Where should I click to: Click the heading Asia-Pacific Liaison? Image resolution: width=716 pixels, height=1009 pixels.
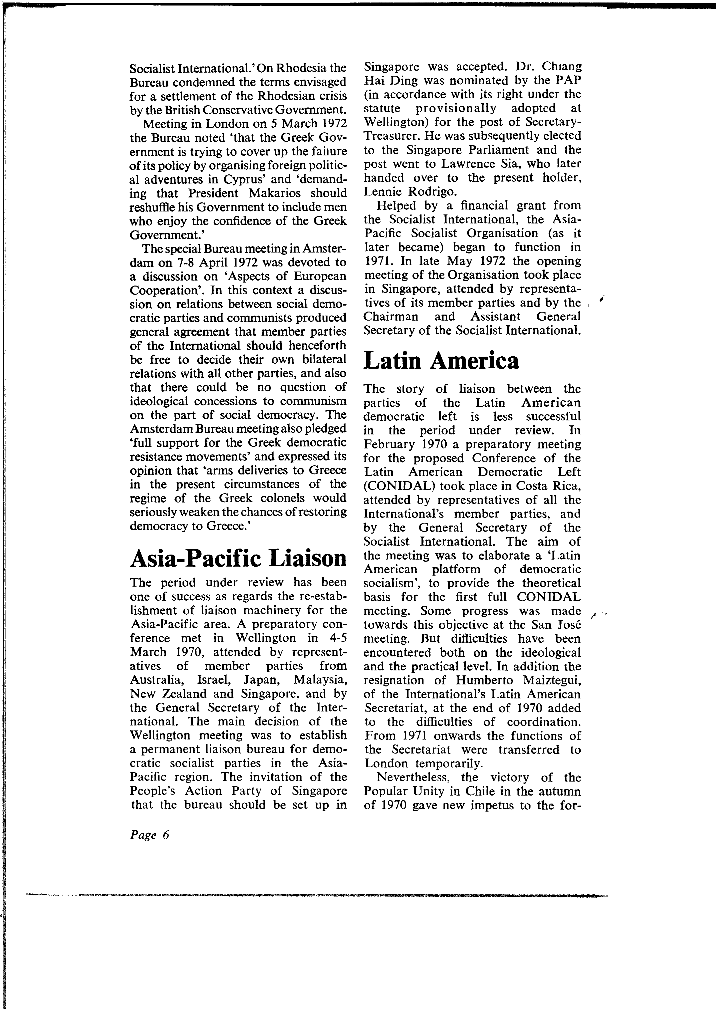tap(238, 558)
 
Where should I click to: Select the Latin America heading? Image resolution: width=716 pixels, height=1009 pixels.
tap(441, 361)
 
